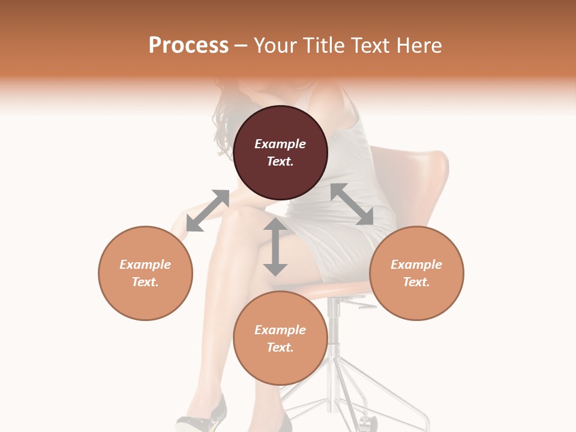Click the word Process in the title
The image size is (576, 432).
(x=188, y=46)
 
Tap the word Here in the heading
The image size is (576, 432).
(x=418, y=46)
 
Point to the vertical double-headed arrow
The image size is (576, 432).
(x=275, y=247)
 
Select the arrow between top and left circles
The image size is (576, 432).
(x=208, y=210)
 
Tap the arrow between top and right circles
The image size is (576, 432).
(x=352, y=204)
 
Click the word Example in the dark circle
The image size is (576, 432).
(x=280, y=144)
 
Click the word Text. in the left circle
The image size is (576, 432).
(x=145, y=282)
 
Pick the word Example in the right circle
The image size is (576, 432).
(x=416, y=265)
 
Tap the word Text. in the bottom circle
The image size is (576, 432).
(x=280, y=347)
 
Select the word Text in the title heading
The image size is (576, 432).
(x=368, y=46)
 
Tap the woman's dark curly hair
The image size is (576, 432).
(x=225, y=120)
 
